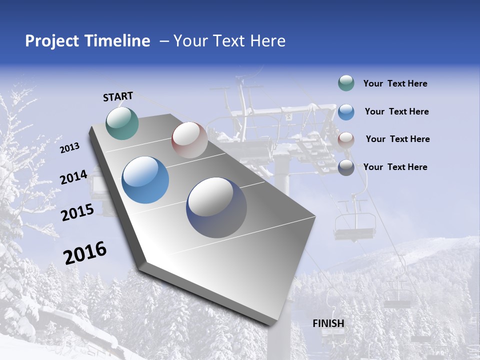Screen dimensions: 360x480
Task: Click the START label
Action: pos(118,96)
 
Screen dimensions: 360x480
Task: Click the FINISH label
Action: pos(328,323)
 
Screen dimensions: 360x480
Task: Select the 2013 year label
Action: pos(70,148)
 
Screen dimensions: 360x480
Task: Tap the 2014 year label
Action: pos(74,177)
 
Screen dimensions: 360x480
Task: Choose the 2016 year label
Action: pos(85,253)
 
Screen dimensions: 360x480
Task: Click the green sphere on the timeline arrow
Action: pos(122,123)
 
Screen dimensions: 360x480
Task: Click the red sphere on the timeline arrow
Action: pos(189,140)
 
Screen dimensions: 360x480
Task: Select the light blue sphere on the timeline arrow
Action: pos(145,180)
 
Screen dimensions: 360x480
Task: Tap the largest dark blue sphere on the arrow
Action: pos(216,207)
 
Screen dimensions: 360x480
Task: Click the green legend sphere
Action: pos(346,83)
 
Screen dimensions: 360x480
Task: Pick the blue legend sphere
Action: pos(346,112)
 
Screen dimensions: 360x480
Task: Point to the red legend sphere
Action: pos(346,140)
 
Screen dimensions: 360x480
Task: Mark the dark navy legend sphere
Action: pos(346,167)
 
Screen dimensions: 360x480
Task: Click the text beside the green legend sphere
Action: pos(395,83)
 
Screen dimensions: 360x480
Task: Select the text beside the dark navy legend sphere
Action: pos(395,167)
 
